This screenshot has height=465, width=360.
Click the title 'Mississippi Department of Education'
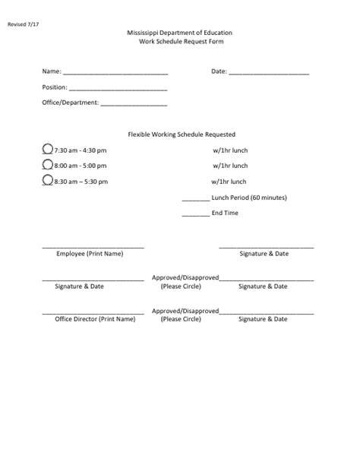(180, 34)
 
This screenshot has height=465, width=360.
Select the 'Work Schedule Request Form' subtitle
(180, 43)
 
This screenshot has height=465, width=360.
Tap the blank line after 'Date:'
(269, 74)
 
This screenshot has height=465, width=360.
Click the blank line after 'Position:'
(106, 89)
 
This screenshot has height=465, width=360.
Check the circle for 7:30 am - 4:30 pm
(48, 150)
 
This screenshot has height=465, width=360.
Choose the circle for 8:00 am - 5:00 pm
(48, 165)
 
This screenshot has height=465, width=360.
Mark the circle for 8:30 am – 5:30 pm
(48, 181)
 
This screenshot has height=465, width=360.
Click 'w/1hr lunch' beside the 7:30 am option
(230, 150)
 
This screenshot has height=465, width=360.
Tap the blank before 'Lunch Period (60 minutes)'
(196, 199)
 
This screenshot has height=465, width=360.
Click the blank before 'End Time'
(196, 214)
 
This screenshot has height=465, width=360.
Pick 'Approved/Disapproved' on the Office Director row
(186, 311)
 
